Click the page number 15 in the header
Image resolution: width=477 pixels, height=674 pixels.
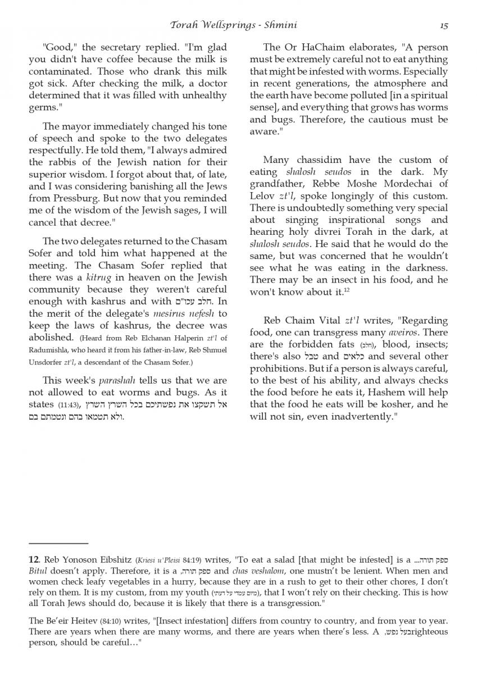point(444,25)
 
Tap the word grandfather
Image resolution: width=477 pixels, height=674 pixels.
point(279,184)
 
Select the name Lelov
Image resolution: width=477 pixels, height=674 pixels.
point(264,195)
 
